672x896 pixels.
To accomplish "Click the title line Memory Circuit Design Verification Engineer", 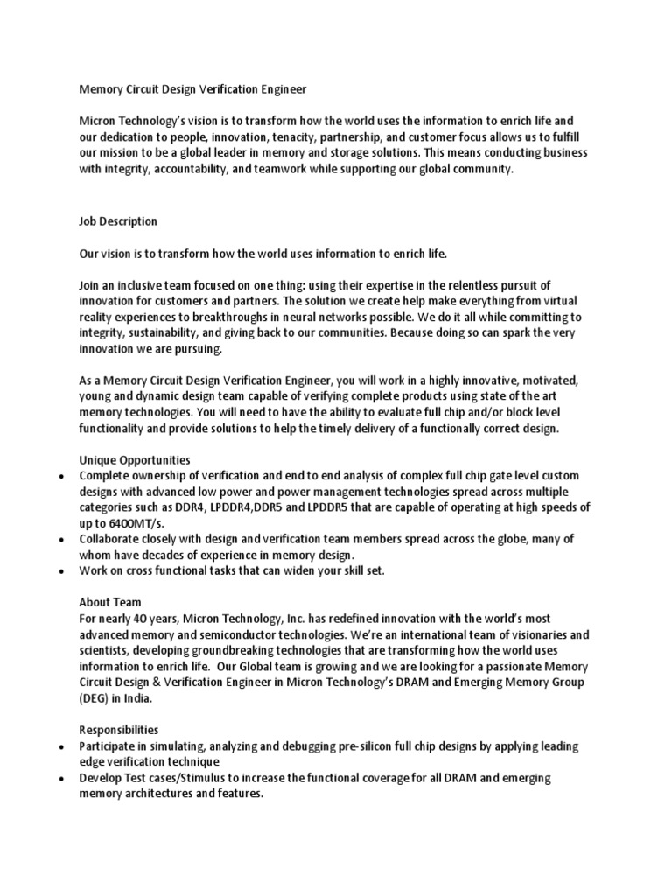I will click(x=192, y=88).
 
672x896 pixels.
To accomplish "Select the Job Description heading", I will click(x=118, y=221).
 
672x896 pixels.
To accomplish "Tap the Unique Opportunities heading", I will click(x=135, y=460).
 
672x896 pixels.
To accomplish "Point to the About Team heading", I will click(x=110, y=603).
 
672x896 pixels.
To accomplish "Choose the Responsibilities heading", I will click(x=119, y=729).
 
